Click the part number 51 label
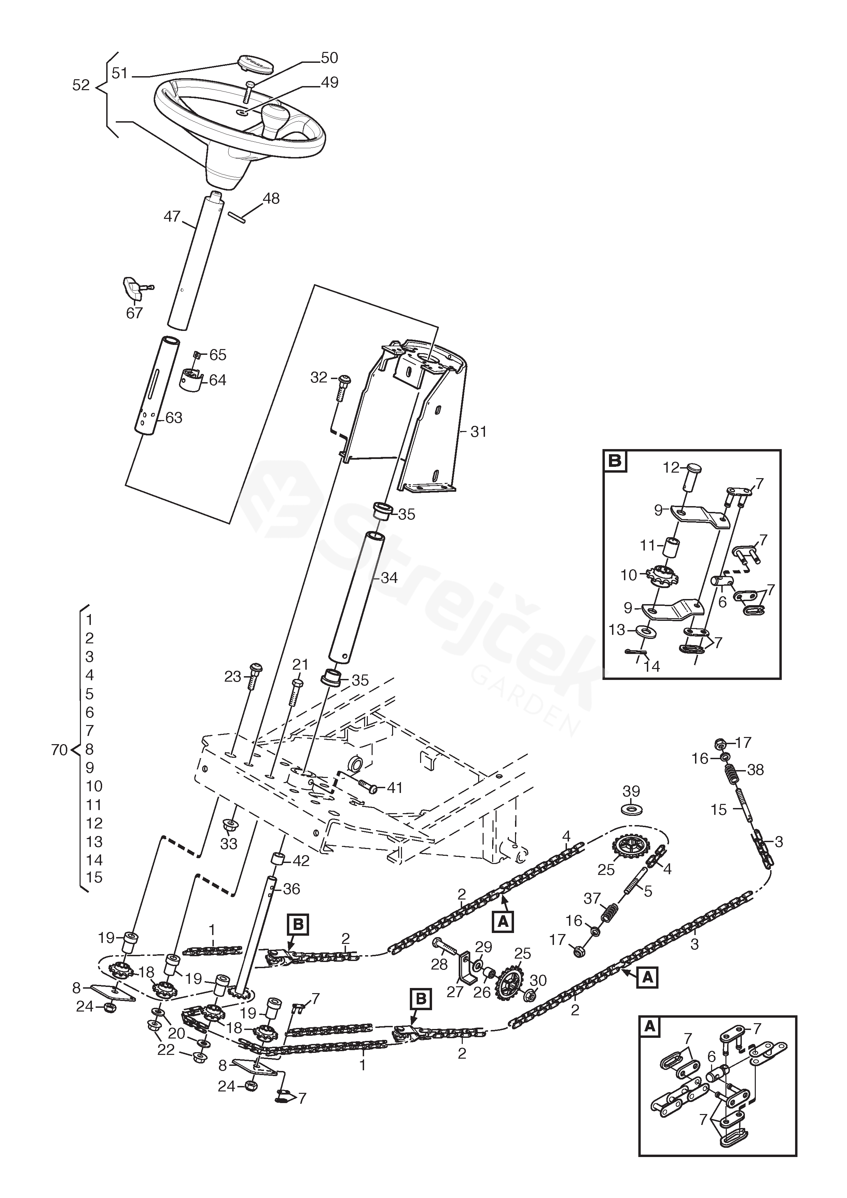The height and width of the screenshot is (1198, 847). pyautogui.click(x=120, y=73)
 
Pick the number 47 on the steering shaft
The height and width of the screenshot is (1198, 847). pyautogui.click(x=172, y=216)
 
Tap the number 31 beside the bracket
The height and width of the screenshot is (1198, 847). pyautogui.click(x=478, y=432)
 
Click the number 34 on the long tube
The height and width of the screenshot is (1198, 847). pyautogui.click(x=389, y=577)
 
